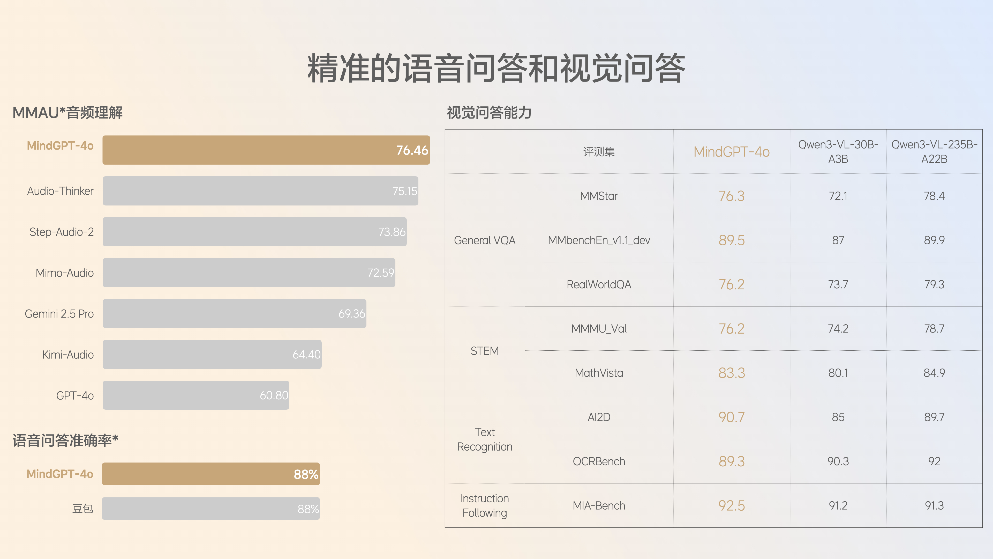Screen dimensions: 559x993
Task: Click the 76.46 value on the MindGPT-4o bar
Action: tap(412, 150)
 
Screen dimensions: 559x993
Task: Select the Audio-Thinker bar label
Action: tap(60, 191)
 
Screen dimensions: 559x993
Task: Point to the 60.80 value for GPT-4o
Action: tap(274, 395)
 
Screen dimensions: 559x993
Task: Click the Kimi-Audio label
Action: tap(68, 355)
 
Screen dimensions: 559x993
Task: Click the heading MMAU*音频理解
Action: tap(67, 113)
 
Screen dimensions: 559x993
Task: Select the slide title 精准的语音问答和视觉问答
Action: tap(496, 69)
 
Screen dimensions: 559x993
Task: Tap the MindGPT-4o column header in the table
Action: tap(731, 152)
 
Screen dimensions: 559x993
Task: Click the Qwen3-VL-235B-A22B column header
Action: tap(934, 152)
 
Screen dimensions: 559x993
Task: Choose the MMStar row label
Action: tap(599, 196)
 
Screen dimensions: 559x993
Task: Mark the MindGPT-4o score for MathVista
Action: tap(731, 373)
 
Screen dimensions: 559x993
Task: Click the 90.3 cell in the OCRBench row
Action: tap(838, 461)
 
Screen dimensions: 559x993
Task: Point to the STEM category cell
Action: tap(485, 351)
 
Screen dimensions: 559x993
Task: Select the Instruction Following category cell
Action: tap(485, 505)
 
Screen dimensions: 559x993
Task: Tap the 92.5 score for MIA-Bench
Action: tap(731, 506)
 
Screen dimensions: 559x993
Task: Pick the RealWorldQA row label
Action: tap(599, 284)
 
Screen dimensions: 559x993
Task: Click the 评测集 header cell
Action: tap(599, 152)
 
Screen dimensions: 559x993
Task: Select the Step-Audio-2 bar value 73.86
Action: tap(392, 232)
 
